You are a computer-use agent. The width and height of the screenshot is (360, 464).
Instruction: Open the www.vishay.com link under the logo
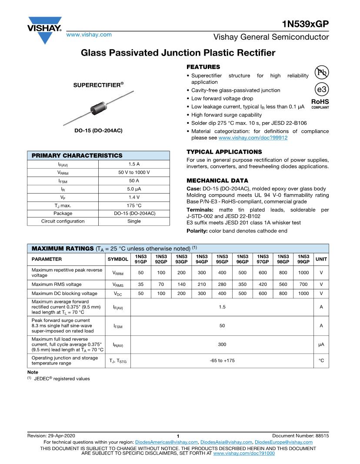coord(89,34)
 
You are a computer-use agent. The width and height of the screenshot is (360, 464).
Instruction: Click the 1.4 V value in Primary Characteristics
coord(134,197)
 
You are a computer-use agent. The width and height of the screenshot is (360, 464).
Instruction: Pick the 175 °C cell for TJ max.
coord(134,205)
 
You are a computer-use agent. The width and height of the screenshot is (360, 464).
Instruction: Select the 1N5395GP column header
coord(222,259)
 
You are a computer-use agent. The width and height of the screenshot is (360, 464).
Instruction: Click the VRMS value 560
coord(283,285)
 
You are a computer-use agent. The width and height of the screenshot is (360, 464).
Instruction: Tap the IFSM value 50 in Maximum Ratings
coord(222,325)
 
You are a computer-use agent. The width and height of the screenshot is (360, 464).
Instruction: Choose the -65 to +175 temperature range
coord(222,360)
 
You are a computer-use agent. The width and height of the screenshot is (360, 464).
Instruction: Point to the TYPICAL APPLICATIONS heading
coord(224,152)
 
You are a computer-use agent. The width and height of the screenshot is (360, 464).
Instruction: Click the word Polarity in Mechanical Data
coord(197,231)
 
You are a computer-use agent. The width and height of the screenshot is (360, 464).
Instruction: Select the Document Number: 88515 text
coord(300,436)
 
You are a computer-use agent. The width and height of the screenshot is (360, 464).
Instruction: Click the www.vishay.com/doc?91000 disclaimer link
coord(244,453)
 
